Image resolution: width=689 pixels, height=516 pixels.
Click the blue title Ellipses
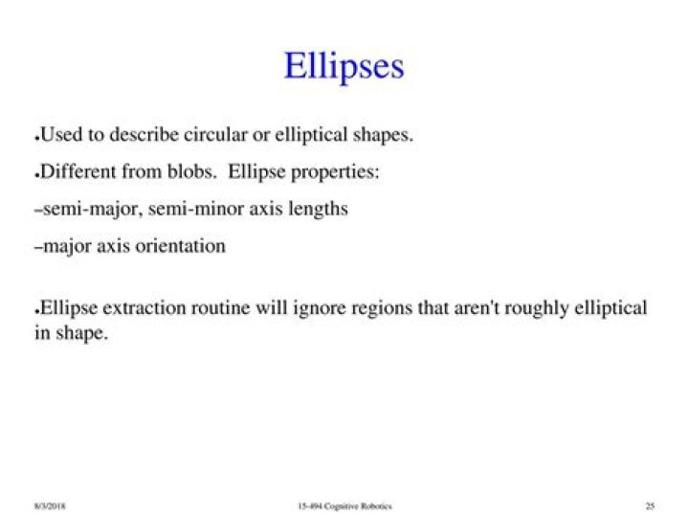point(344,66)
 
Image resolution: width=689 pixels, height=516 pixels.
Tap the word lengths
point(316,209)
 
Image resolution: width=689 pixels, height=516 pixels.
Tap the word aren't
point(494,308)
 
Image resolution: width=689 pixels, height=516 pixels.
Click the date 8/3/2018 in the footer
point(50,505)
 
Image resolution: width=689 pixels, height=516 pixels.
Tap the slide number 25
point(650,505)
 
